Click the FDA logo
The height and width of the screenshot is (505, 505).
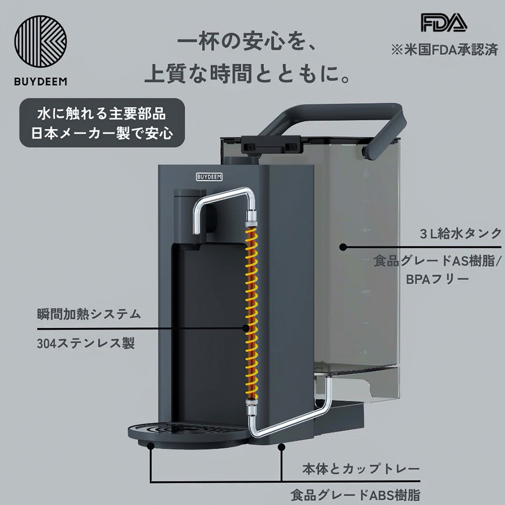point(443,23)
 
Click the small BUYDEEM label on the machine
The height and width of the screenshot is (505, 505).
point(210,177)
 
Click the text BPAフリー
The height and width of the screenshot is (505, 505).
point(436,279)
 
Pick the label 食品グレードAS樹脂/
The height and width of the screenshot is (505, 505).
point(436,260)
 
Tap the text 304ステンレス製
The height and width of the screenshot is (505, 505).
point(86,344)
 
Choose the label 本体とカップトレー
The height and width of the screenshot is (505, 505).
point(360,468)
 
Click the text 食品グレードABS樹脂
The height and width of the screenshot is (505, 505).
point(355,495)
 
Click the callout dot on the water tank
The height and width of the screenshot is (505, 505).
point(342,246)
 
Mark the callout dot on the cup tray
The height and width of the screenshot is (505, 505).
point(151,446)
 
